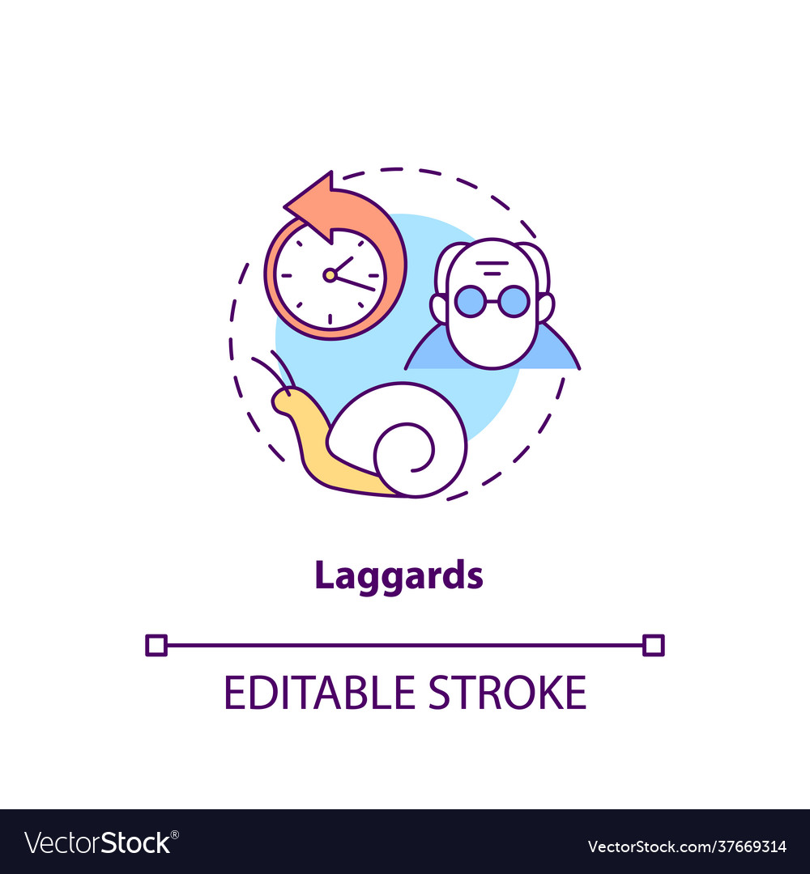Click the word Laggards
click(399, 576)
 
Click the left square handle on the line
click(156, 645)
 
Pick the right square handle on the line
click(653, 645)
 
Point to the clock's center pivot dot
click(330, 275)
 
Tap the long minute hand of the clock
click(355, 282)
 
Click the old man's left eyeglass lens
click(469, 302)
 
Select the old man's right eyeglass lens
click(513, 302)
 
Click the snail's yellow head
click(286, 401)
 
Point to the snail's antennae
click(271, 371)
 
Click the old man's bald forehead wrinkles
click(492, 266)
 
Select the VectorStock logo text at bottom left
click(102, 842)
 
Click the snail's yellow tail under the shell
click(356, 482)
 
